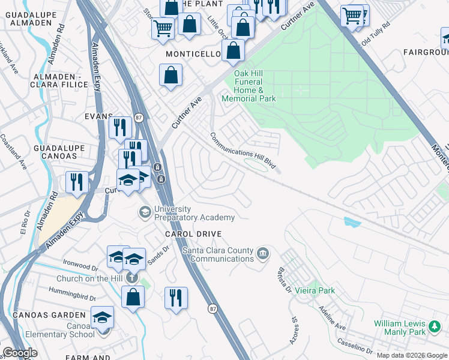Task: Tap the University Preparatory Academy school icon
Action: tap(145, 212)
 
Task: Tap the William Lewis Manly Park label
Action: tap(408, 328)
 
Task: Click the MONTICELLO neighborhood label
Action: tap(193, 54)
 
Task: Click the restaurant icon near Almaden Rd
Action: tap(77, 181)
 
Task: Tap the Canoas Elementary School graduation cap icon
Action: tap(102, 317)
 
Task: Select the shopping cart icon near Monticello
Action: tap(163, 27)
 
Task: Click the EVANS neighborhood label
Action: tap(99, 116)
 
